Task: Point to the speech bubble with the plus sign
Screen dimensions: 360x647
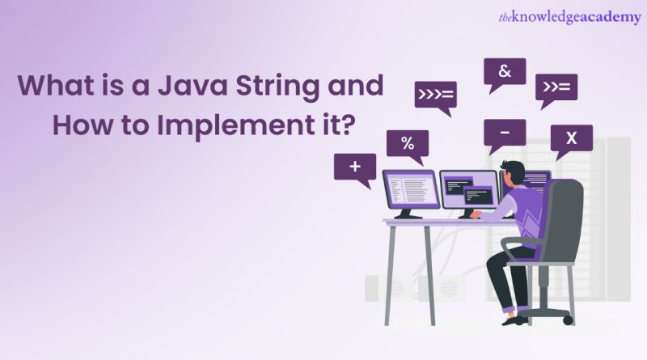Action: tap(354, 167)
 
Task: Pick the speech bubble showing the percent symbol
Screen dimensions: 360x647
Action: tap(408, 144)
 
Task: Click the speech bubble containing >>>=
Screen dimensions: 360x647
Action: tap(435, 95)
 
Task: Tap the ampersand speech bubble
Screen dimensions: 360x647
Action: tap(505, 71)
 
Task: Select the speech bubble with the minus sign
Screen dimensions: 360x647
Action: tap(504, 130)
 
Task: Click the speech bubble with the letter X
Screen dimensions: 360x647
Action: tap(571, 138)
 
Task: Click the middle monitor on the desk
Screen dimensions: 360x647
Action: tap(468, 191)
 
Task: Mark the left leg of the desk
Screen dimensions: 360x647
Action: tap(391, 271)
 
